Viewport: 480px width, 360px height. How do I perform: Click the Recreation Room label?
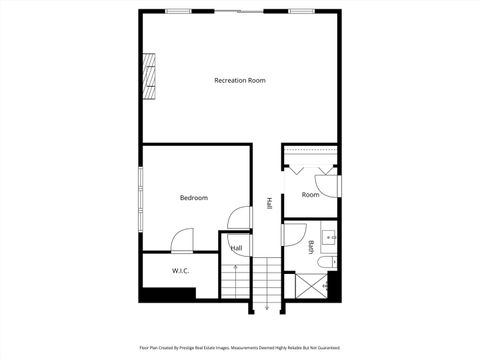pyautogui.click(x=240, y=80)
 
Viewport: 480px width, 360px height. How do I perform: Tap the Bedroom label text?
pyautogui.click(x=193, y=198)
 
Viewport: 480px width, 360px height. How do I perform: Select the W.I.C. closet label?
pyautogui.click(x=181, y=270)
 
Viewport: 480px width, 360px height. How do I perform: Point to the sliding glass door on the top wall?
pyautogui.click(x=238, y=11)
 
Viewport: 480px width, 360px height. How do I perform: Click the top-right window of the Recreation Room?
pyautogui.click(x=301, y=11)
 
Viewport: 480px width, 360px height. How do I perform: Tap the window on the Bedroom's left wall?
pyautogui.click(x=140, y=190)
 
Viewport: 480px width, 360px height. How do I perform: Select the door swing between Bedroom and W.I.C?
pyautogui.click(x=182, y=241)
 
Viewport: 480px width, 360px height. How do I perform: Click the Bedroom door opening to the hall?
pyautogui.click(x=238, y=218)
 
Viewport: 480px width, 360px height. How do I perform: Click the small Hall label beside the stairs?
pyautogui.click(x=236, y=248)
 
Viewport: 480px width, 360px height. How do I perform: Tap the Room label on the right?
pyautogui.click(x=310, y=195)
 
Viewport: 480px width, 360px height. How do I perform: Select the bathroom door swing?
pyautogui.click(x=293, y=235)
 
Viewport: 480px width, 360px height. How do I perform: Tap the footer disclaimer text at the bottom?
pyautogui.click(x=240, y=348)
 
